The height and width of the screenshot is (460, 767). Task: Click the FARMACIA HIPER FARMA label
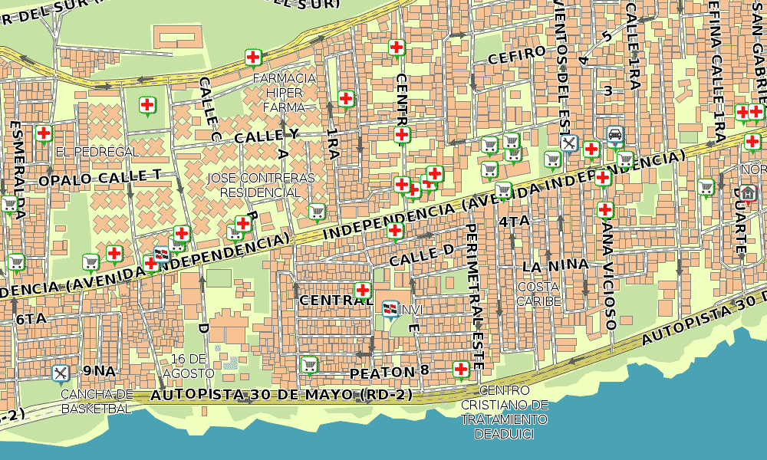284,93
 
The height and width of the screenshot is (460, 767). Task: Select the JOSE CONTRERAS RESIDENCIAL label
261,185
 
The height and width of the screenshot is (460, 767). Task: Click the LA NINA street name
555,266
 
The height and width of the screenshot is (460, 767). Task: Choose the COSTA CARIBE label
538,294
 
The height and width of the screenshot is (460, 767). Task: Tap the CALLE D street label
421,256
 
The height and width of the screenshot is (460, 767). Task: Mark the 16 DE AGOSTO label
189,366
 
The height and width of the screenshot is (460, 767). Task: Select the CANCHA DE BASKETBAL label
97,401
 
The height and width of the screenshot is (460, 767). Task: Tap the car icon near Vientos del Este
614,135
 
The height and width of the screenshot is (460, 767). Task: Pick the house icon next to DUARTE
749,192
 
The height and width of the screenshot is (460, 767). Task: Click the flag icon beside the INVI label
390,309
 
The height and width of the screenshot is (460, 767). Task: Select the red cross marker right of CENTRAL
363,290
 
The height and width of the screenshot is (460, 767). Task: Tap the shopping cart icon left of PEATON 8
309,363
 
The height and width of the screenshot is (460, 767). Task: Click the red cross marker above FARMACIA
252,57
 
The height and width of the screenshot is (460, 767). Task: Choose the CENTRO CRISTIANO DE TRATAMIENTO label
505,412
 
